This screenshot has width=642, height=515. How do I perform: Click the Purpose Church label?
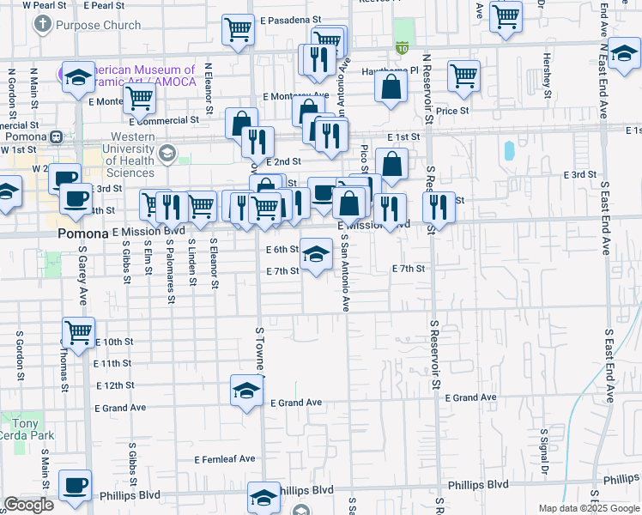97,25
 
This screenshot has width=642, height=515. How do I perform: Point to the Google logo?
28,505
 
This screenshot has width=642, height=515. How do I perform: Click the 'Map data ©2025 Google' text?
588,508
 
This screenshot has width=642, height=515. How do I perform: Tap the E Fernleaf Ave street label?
224,459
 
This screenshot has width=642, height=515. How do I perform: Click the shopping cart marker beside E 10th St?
78,331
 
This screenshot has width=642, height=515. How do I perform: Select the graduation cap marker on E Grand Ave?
245,391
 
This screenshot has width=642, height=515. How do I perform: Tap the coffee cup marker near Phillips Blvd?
75,486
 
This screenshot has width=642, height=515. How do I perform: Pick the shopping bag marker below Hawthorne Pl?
391,87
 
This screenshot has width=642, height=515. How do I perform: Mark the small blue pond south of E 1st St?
509,151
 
